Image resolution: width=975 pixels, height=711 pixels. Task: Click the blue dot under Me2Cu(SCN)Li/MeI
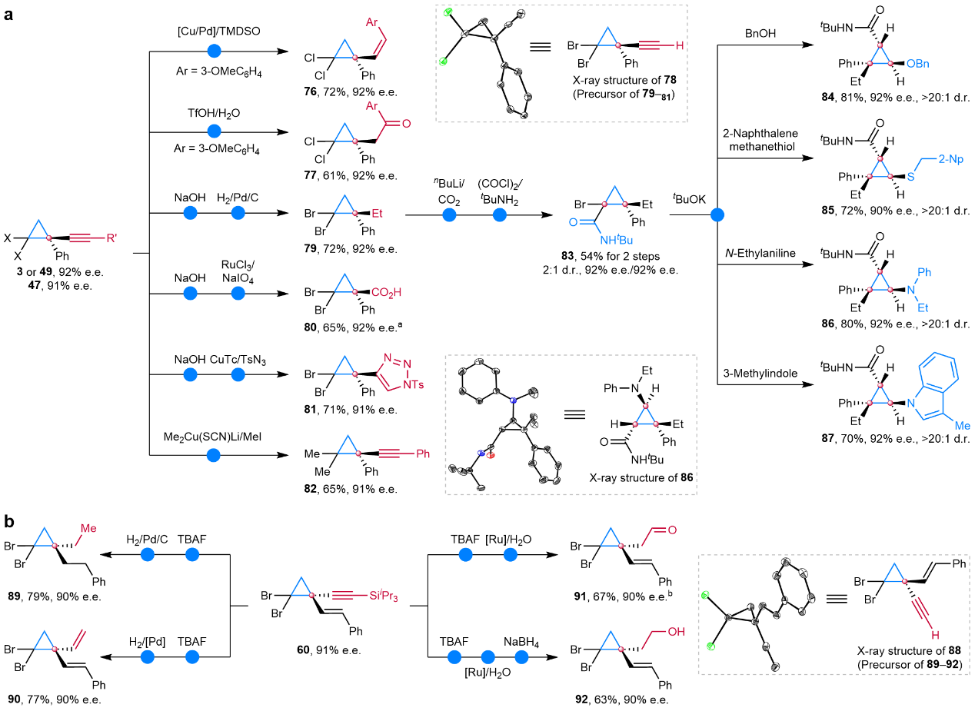[215, 455]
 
